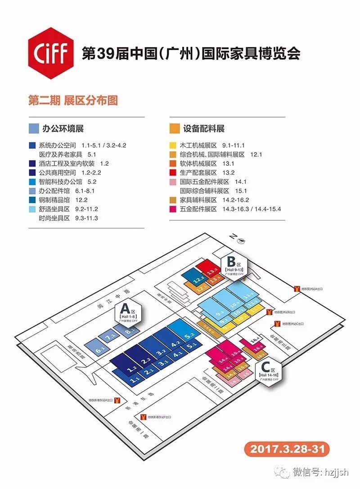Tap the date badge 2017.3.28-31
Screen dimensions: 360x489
[x=287, y=448]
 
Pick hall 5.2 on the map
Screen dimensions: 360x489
[x=187, y=334]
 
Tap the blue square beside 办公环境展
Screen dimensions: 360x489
[x=33, y=128]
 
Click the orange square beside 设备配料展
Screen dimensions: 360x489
[x=174, y=128]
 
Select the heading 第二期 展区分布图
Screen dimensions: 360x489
[x=73, y=100]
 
